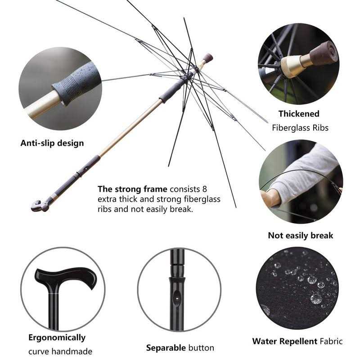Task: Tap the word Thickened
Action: click(x=298, y=114)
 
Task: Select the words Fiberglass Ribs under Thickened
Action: click(x=300, y=128)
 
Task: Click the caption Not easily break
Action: click(x=300, y=235)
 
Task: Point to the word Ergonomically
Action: click(x=57, y=337)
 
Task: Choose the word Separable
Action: click(x=165, y=348)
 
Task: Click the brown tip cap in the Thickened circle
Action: click(x=323, y=53)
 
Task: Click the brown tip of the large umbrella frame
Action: click(x=207, y=57)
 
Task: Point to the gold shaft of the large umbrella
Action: click(x=130, y=126)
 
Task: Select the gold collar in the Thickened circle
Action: click(x=293, y=65)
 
